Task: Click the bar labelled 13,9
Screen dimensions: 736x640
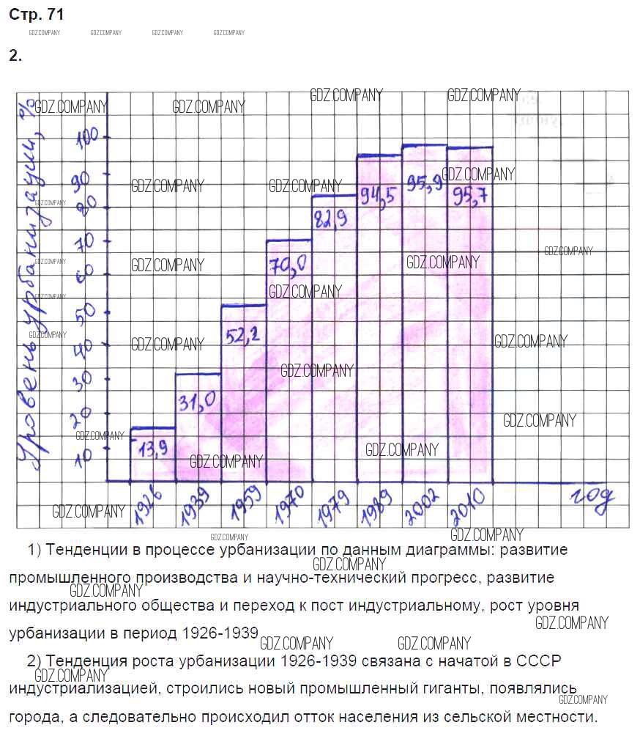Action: (x=152, y=455)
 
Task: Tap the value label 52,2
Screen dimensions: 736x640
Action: (x=244, y=336)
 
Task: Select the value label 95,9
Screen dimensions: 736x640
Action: (x=425, y=185)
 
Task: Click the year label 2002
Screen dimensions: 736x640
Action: (x=425, y=506)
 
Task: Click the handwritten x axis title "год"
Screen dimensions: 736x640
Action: (x=592, y=499)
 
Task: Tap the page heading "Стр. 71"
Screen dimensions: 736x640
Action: (x=37, y=14)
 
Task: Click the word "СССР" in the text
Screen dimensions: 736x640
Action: (x=539, y=660)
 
